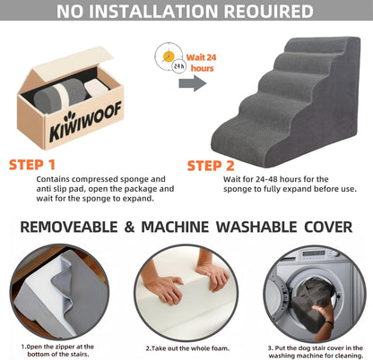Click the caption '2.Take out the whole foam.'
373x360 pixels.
coord(186,347)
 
